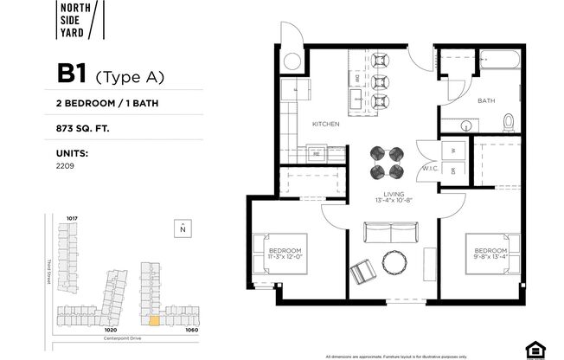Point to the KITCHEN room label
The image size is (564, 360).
coord(325,125)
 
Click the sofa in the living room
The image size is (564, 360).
coord(391,232)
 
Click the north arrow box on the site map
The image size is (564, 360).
coord(183,228)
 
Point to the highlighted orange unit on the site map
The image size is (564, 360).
coord(154,320)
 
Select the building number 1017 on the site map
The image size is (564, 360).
coord(73,217)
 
